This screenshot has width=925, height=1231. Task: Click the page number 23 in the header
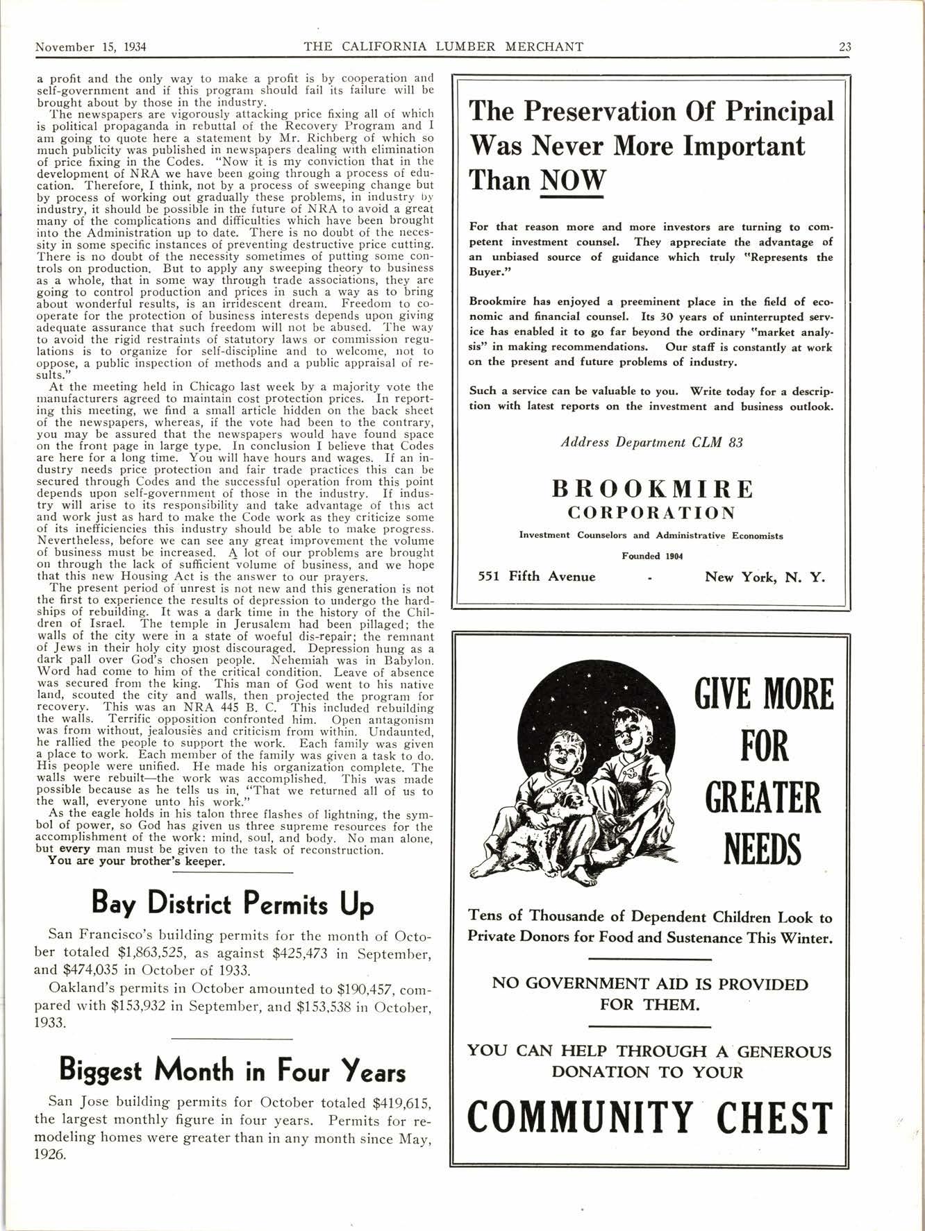845,47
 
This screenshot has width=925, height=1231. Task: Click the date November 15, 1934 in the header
94,47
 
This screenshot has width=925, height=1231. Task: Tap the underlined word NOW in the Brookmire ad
572,180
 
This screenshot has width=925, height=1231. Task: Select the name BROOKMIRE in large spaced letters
652,489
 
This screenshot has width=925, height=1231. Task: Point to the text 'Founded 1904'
652,555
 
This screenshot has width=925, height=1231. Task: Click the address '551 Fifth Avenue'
537,577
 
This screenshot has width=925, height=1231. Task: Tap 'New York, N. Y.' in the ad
765,577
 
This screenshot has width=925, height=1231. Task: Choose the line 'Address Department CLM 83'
652,442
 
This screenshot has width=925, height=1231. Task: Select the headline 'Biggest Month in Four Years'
233,1070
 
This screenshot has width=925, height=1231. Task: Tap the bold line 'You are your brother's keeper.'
136,862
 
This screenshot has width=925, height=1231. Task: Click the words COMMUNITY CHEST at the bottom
649,1117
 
